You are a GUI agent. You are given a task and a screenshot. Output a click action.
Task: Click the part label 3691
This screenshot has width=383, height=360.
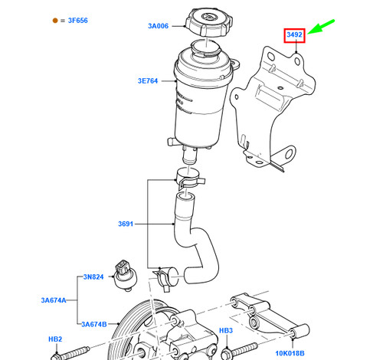tap(127, 224)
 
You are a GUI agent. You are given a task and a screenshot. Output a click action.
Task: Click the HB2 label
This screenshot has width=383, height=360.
tap(56, 338)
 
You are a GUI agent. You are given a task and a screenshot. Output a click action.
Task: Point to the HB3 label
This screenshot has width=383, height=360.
tap(226, 331)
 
